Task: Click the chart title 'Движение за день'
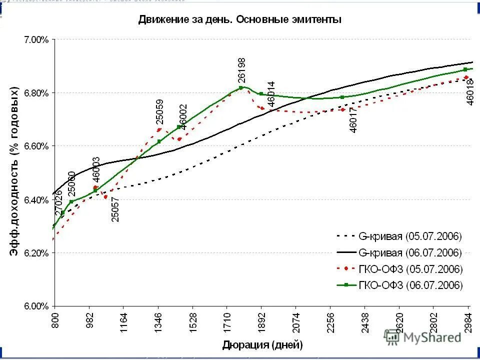[239, 20]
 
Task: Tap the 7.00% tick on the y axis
[36, 39]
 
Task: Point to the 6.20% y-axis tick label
[36, 253]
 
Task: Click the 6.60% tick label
[36, 146]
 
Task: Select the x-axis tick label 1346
[158, 323]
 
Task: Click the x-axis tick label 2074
[295, 323]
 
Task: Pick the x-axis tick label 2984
[468, 323]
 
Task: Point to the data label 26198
[242, 70]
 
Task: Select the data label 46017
[353, 121]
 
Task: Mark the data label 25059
[159, 113]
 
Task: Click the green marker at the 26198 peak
[241, 87]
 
